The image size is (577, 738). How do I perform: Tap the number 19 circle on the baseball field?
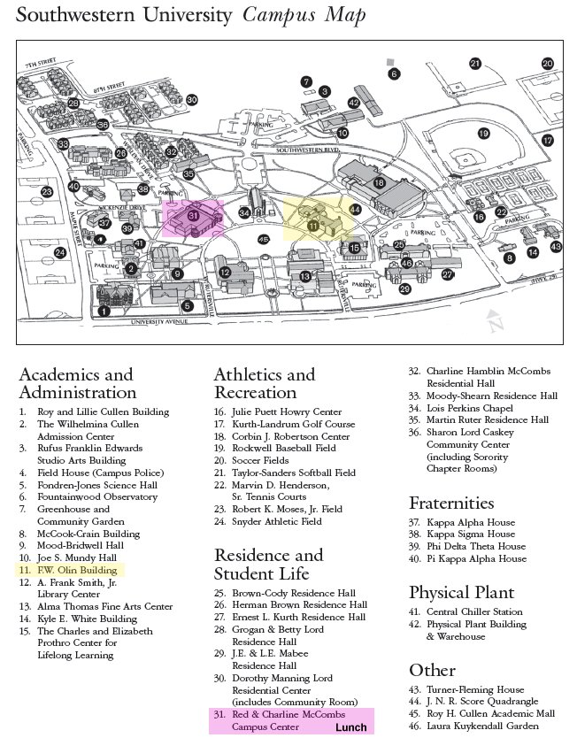(483, 135)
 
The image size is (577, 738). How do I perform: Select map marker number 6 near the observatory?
(394, 73)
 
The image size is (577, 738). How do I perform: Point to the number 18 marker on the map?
(379, 182)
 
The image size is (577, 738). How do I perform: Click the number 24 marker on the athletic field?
(60, 252)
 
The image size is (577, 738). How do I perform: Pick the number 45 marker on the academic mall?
(263, 239)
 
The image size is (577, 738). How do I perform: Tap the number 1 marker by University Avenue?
(104, 311)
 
